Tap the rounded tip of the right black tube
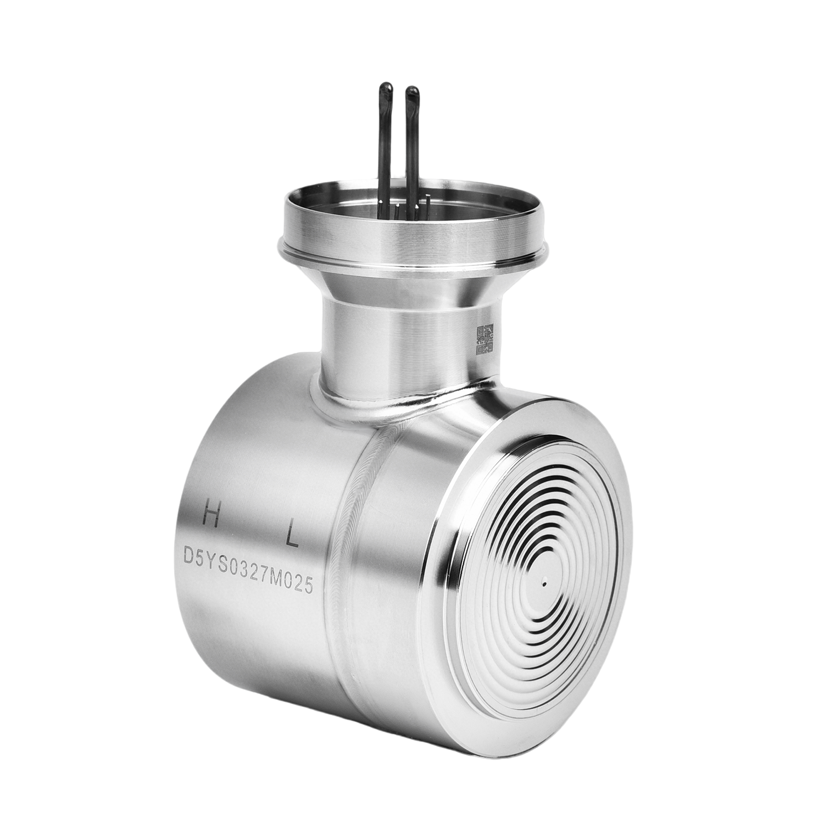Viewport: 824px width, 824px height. tap(410, 91)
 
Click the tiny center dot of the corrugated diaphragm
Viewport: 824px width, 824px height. tap(542, 585)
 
